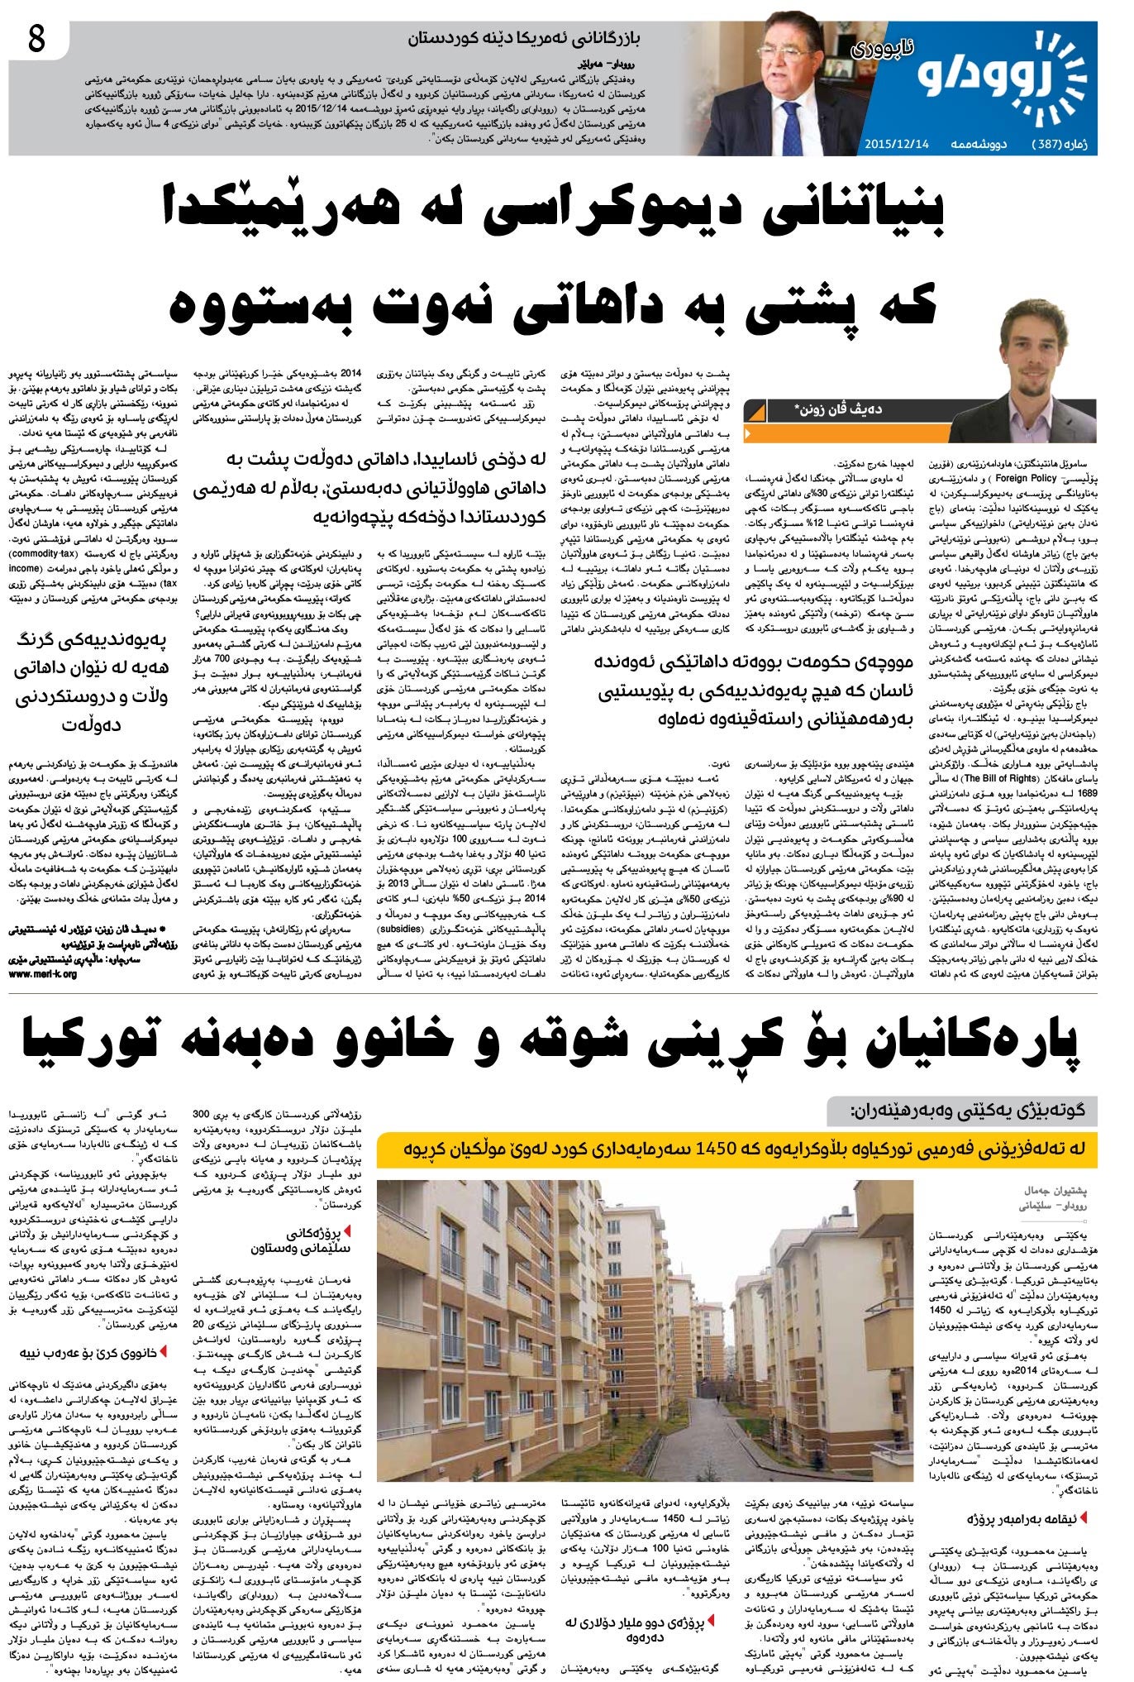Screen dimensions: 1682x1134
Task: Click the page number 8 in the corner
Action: (36, 40)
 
